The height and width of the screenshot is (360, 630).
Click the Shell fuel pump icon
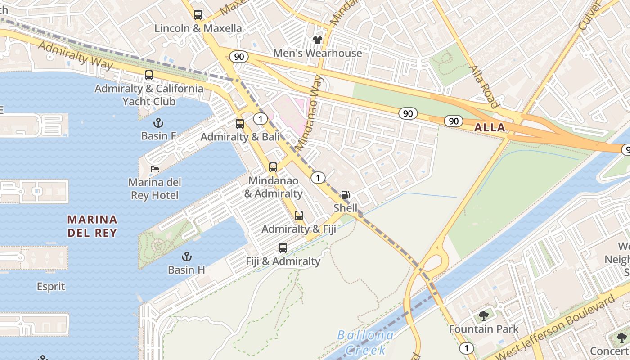coord(345,195)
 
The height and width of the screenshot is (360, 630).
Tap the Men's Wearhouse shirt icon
coord(318,40)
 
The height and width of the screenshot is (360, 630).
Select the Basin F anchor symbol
coord(158,122)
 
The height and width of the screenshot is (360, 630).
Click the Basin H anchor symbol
coord(186,256)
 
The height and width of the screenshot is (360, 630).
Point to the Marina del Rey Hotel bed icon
coord(155,169)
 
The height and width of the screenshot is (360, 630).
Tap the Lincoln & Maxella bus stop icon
coord(198,15)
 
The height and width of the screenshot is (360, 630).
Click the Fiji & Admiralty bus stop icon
coord(283,247)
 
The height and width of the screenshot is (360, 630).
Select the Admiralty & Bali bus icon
coord(240,123)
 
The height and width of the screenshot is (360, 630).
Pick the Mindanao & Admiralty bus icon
coord(273,167)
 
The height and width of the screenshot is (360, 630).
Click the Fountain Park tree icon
coord(484,315)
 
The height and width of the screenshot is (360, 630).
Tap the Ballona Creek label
coord(365,342)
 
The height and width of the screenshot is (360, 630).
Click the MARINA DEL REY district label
coord(92,226)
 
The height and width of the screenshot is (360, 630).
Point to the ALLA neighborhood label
coord(490,128)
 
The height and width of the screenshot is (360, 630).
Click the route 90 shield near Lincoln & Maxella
coord(239,57)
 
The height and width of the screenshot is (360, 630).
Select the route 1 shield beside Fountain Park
coord(467,348)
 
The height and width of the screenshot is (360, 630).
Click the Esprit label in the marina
coord(51,287)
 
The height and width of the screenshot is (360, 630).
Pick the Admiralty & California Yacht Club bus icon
coord(149,75)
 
